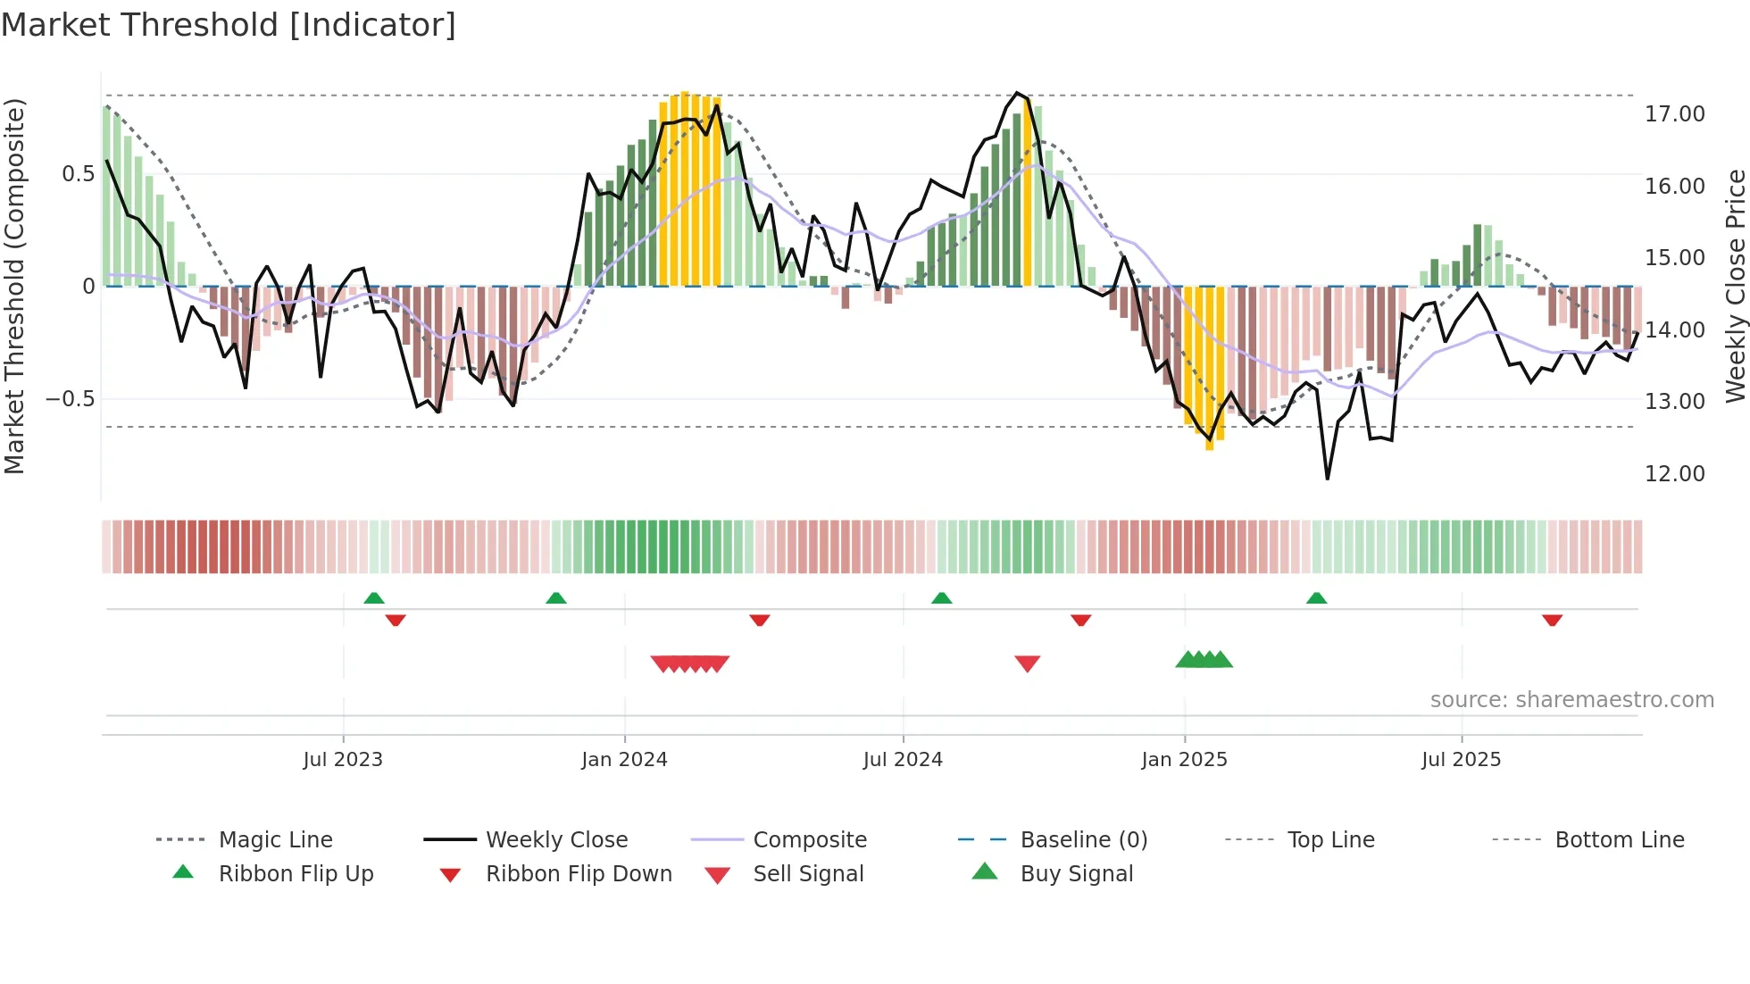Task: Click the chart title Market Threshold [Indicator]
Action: click(x=229, y=25)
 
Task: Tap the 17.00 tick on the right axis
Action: click(x=1674, y=114)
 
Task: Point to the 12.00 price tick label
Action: click(x=1674, y=474)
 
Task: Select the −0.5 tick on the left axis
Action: click(x=71, y=399)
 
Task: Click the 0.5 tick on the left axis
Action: click(x=78, y=174)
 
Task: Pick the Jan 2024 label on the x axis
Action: click(x=624, y=760)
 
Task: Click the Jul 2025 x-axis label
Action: click(x=1461, y=760)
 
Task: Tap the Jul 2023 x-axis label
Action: click(x=343, y=760)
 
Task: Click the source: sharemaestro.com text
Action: click(x=1571, y=700)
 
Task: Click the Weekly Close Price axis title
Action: click(x=1735, y=286)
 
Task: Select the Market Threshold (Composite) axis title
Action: click(x=14, y=286)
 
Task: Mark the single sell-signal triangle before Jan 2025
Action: click(x=1028, y=663)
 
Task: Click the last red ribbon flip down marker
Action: click(x=1552, y=620)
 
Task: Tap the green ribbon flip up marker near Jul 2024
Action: click(x=941, y=598)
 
